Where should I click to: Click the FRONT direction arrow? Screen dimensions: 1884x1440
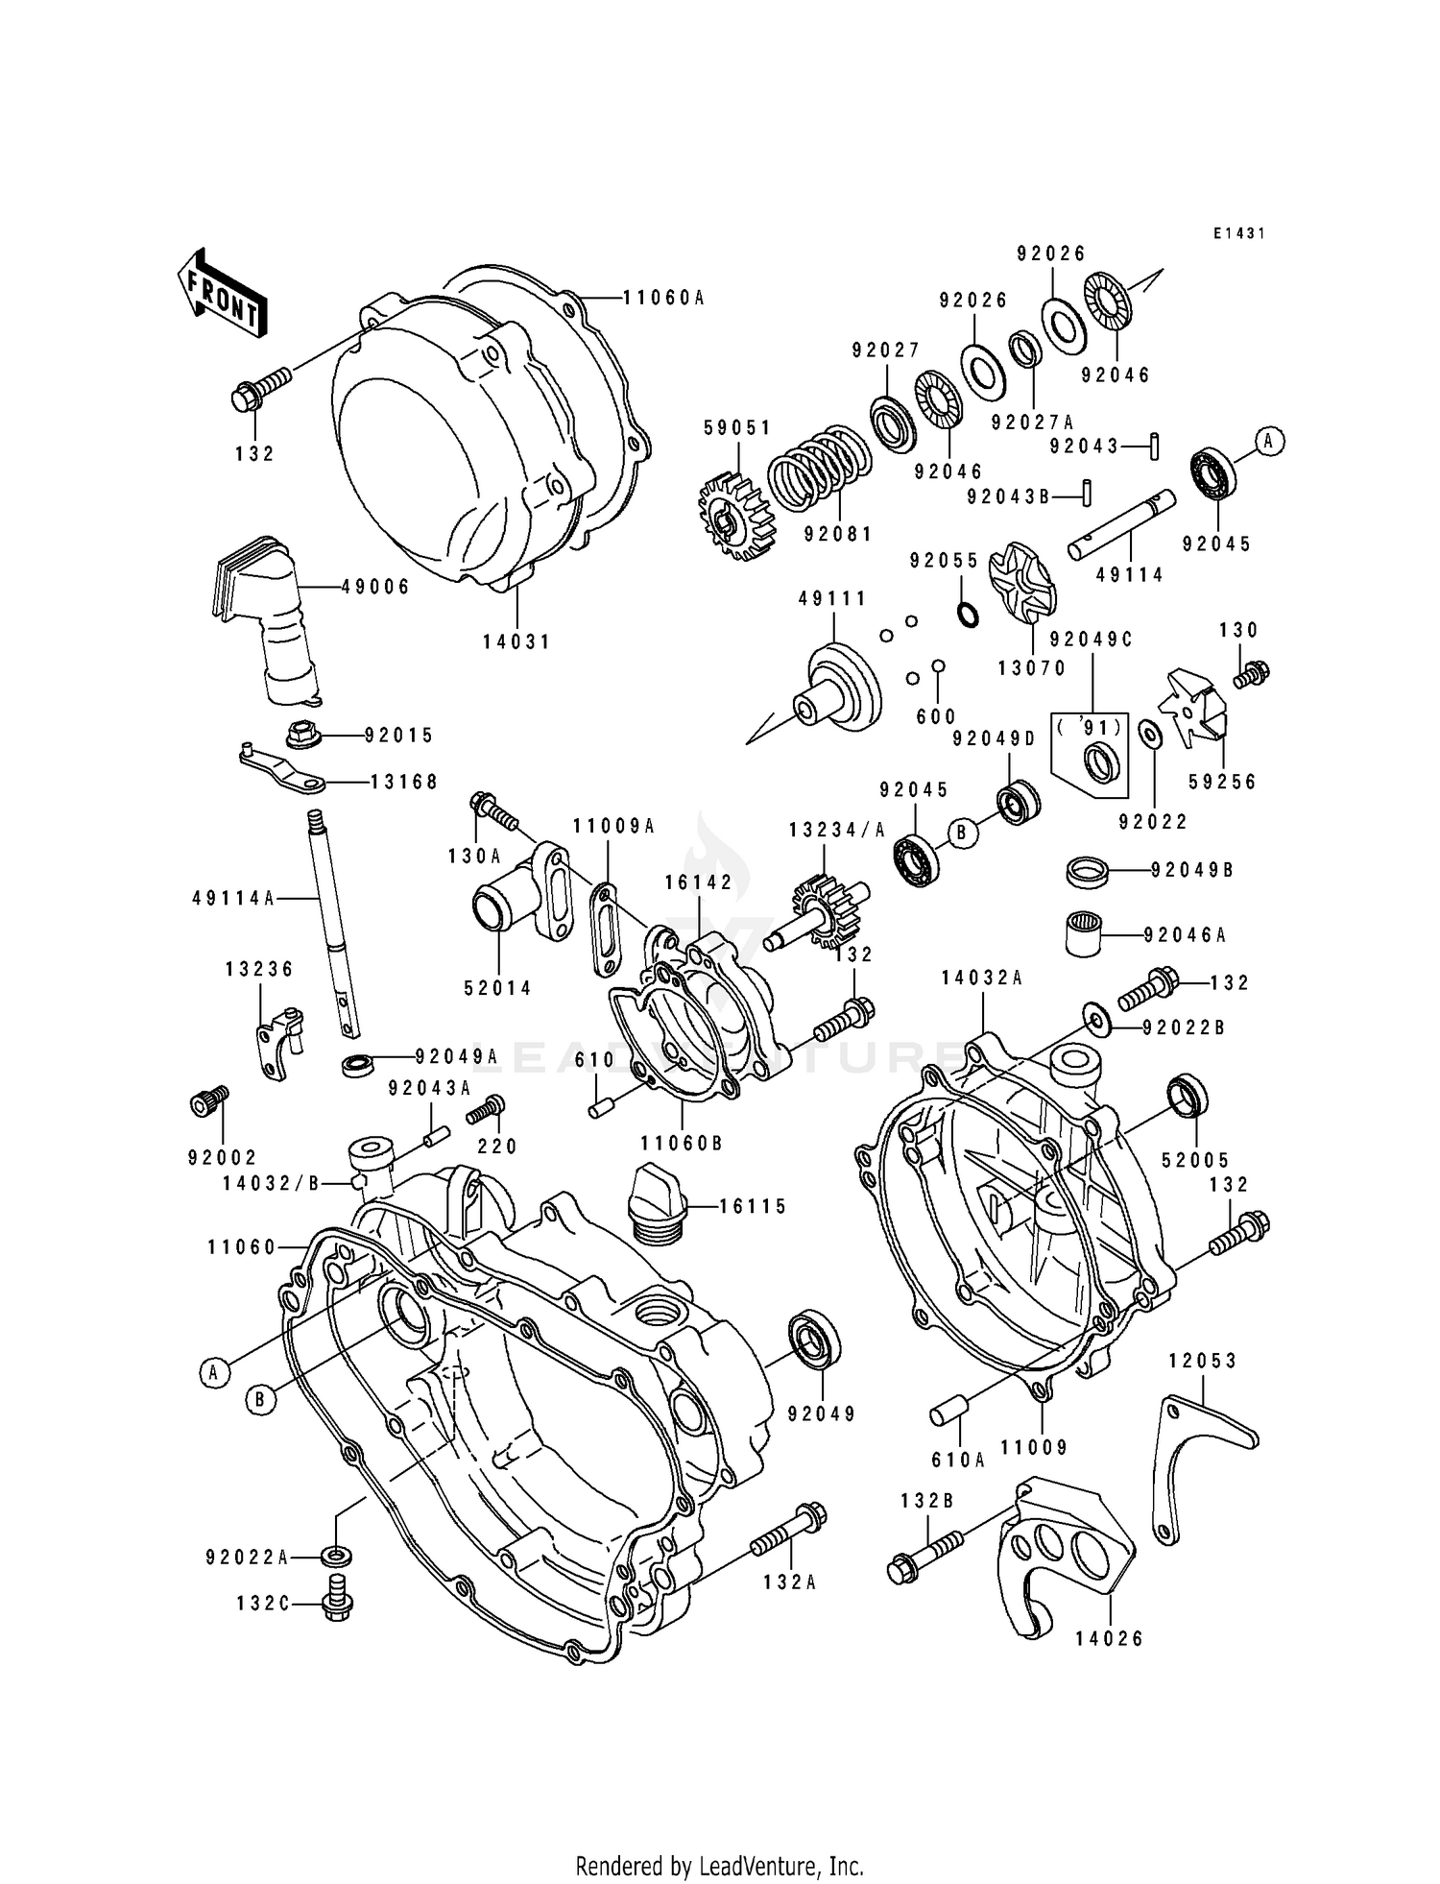click(222, 294)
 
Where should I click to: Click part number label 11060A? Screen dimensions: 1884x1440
click(663, 298)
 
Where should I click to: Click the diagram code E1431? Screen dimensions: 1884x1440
click(1238, 233)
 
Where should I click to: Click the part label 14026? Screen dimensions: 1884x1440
click(1111, 1638)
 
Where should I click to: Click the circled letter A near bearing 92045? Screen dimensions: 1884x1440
click(1269, 441)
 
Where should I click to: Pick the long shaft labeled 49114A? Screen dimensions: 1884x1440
click(329, 922)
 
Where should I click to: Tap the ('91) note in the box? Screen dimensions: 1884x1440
click(1089, 727)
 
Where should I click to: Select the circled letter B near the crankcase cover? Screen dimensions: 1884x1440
click(259, 1400)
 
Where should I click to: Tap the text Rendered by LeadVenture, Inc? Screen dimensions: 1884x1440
click(719, 1866)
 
